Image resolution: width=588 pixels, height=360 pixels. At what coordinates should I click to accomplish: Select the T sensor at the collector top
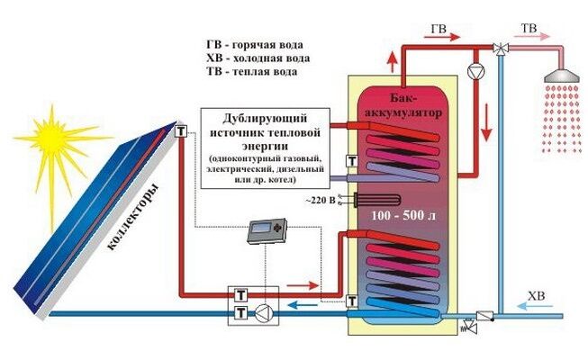tap(181, 131)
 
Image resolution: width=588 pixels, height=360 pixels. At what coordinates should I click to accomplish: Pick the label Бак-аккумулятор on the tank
tap(402, 105)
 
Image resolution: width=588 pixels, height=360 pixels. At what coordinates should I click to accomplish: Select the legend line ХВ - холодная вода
tap(258, 58)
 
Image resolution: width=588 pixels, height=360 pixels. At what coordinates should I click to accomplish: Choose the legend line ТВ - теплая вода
tap(252, 71)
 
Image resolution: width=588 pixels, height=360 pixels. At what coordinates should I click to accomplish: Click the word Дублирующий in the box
tap(266, 119)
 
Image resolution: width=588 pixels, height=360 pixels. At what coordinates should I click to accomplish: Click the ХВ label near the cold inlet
tap(535, 293)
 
